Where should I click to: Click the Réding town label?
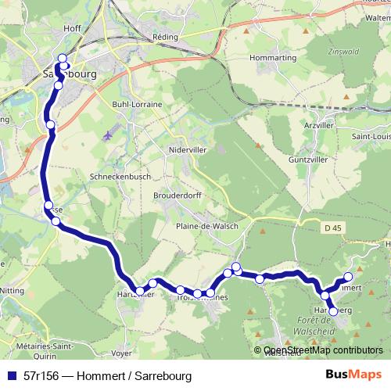tap(169, 37)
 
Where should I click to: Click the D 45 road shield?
tap(332, 228)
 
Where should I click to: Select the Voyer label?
tap(121, 353)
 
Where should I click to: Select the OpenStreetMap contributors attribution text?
tap(323, 351)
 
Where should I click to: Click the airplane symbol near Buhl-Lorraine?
tap(107, 135)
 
